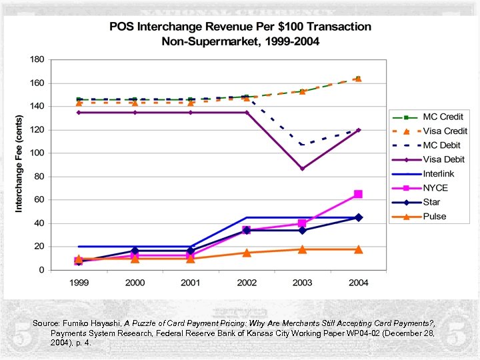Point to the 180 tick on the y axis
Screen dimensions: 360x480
point(37,59)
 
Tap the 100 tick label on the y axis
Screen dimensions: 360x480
point(37,153)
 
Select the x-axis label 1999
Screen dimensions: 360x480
point(79,282)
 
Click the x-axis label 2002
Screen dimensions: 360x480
point(246,282)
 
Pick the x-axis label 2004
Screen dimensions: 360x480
point(358,282)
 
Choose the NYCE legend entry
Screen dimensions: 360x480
point(436,188)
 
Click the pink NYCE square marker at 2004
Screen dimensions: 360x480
point(358,194)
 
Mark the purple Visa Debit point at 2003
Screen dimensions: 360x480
point(302,169)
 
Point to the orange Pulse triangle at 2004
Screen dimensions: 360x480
point(358,249)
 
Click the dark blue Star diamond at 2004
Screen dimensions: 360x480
point(358,217)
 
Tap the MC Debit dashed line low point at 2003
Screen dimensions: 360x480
point(302,145)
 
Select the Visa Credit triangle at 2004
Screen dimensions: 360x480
point(358,79)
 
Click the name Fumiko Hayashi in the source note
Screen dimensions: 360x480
point(93,323)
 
